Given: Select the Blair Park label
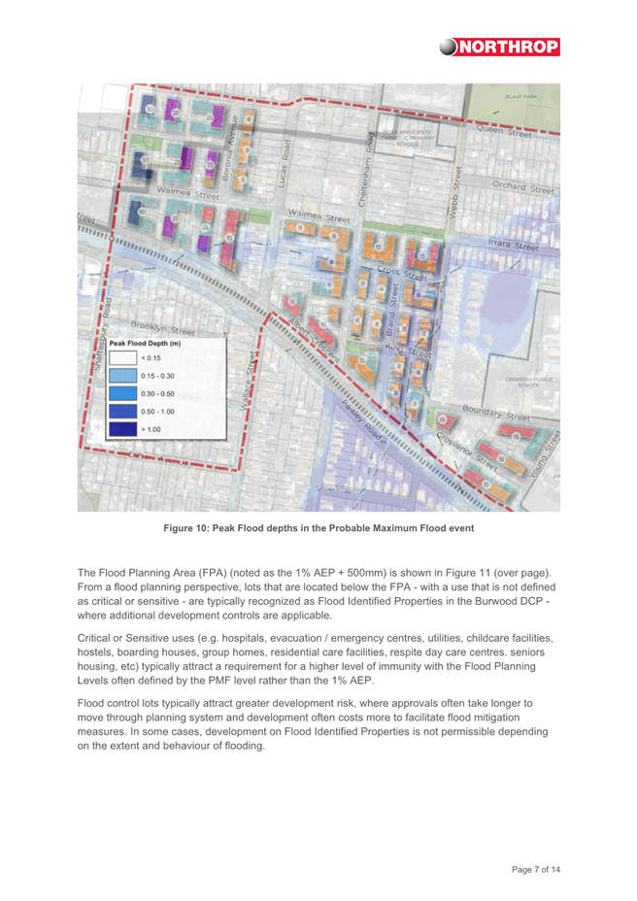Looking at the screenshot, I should [520, 97].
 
